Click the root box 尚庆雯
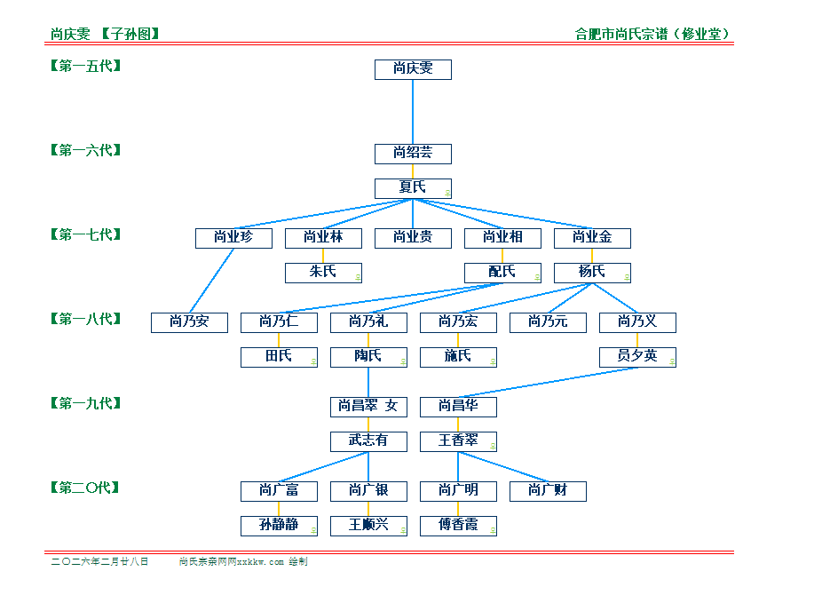pyautogui.click(x=413, y=69)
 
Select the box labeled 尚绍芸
pyautogui.click(x=413, y=154)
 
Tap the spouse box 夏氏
pyautogui.click(x=413, y=187)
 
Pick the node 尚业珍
pyautogui.click(x=233, y=237)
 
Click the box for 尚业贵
pyautogui.click(x=413, y=237)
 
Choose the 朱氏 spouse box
pyautogui.click(x=323, y=272)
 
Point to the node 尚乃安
pyautogui.click(x=189, y=321)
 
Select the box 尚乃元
pyautogui.click(x=548, y=321)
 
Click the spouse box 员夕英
pyautogui.click(x=637, y=356)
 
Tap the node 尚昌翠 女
pyautogui.click(x=368, y=407)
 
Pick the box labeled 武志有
pyautogui.click(x=368, y=440)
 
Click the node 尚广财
pyautogui.click(x=548, y=490)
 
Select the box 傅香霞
pyautogui.click(x=458, y=525)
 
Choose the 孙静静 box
pyautogui.click(x=279, y=525)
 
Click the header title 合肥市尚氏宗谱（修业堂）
pyautogui.click(x=652, y=35)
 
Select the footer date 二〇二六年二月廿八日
pyautogui.click(x=99, y=561)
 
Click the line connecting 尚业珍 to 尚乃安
pyautogui.click(x=211, y=280)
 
